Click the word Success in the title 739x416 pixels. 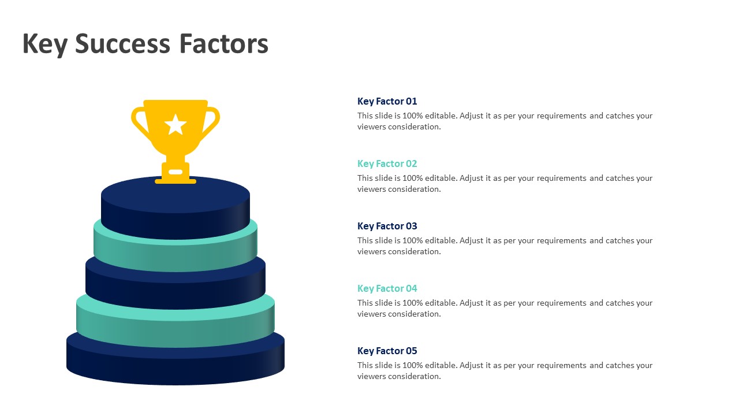pos(122,43)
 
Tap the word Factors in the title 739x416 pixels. pos(223,43)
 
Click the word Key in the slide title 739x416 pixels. pos(44,45)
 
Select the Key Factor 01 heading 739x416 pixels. pos(387,101)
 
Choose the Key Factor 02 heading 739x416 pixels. pos(387,164)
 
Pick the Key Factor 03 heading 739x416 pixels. pos(387,226)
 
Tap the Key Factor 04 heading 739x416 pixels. pos(387,288)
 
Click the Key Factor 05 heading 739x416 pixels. pos(387,351)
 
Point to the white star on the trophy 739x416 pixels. pos(176,125)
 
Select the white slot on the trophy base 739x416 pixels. pos(176,172)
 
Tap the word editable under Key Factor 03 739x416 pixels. pos(442,241)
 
